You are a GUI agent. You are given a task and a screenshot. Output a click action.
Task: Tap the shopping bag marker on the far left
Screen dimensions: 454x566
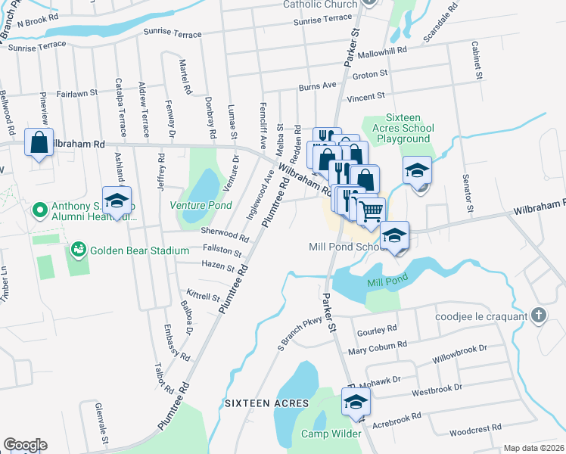(x=39, y=143)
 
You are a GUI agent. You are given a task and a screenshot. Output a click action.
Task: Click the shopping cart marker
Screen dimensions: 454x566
(x=370, y=211)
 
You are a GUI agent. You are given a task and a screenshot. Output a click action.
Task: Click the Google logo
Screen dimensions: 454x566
(x=25, y=445)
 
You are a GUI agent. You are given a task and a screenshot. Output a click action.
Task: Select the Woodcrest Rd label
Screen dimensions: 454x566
(x=475, y=428)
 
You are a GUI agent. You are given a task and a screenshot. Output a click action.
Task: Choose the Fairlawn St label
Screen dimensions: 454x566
(x=79, y=93)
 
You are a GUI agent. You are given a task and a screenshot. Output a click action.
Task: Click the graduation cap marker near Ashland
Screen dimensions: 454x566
(x=117, y=201)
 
